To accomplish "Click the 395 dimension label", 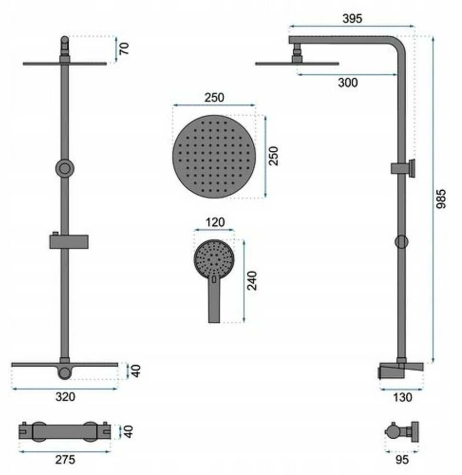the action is pyautogui.click(x=352, y=19).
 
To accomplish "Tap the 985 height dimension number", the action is pyautogui.click(x=441, y=199).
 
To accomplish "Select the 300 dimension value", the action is pyautogui.click(x=348, y=83).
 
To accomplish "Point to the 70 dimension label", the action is pyautogui.click(x=123, y=49).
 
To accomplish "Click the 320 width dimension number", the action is pyautogui.click(x=65, y=396).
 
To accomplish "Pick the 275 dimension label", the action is pyautogui.click(x=65, y=460).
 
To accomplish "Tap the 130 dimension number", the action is pyautogui.click(x=402, y=397).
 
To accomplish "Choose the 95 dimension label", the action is pyautogui.click(x=402, y=460).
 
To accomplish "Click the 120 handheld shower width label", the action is pyautogui.click(x=215, y=222).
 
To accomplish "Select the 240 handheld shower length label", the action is pyautogui.click(x=252, y=281).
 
